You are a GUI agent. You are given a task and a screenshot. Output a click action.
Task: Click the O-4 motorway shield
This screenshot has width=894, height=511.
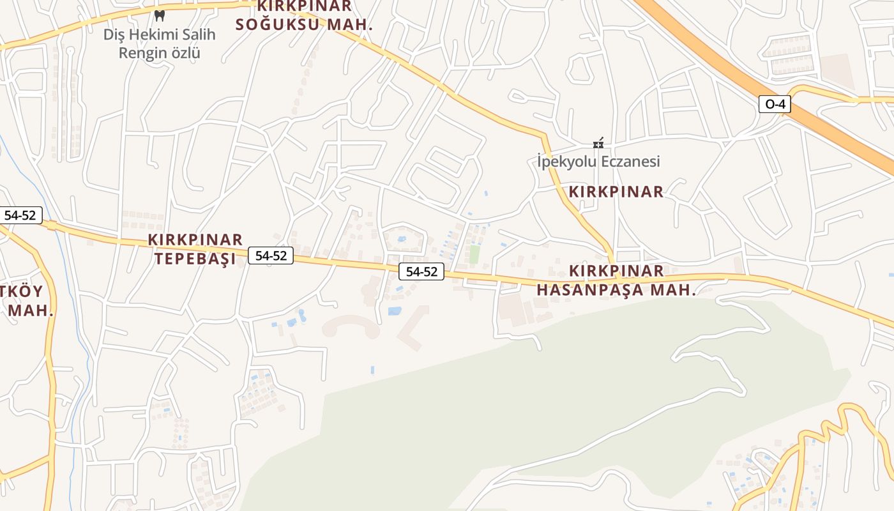(x=775, y=104)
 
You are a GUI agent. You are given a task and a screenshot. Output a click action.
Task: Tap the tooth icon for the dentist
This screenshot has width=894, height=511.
(x=160, y=15)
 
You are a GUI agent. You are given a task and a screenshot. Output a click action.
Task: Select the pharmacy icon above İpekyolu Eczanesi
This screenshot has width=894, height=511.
(x=598, y=144)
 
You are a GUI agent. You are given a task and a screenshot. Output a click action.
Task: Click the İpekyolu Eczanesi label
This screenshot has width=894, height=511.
(x=598, y=162)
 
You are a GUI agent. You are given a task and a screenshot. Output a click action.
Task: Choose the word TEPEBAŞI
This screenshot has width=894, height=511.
(x=192, y=259)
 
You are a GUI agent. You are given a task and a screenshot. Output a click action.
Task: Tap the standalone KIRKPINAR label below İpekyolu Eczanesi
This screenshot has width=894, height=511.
(x=616, y=192)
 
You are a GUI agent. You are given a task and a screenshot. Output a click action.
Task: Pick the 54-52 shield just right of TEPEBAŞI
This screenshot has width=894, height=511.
(x=271, y=256)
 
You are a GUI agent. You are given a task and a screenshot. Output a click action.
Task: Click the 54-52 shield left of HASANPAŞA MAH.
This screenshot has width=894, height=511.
(x=421, y=271)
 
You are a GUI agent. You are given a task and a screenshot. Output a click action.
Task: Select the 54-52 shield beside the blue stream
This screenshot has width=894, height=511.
(x=20, y=215)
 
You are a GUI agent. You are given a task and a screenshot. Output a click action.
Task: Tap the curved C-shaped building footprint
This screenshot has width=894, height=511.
(x=351, y=325)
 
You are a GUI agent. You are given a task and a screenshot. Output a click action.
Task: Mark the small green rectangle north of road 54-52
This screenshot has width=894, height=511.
(x=474, y=254)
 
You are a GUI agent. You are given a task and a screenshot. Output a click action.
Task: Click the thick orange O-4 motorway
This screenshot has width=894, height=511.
(x=734, y=70)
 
